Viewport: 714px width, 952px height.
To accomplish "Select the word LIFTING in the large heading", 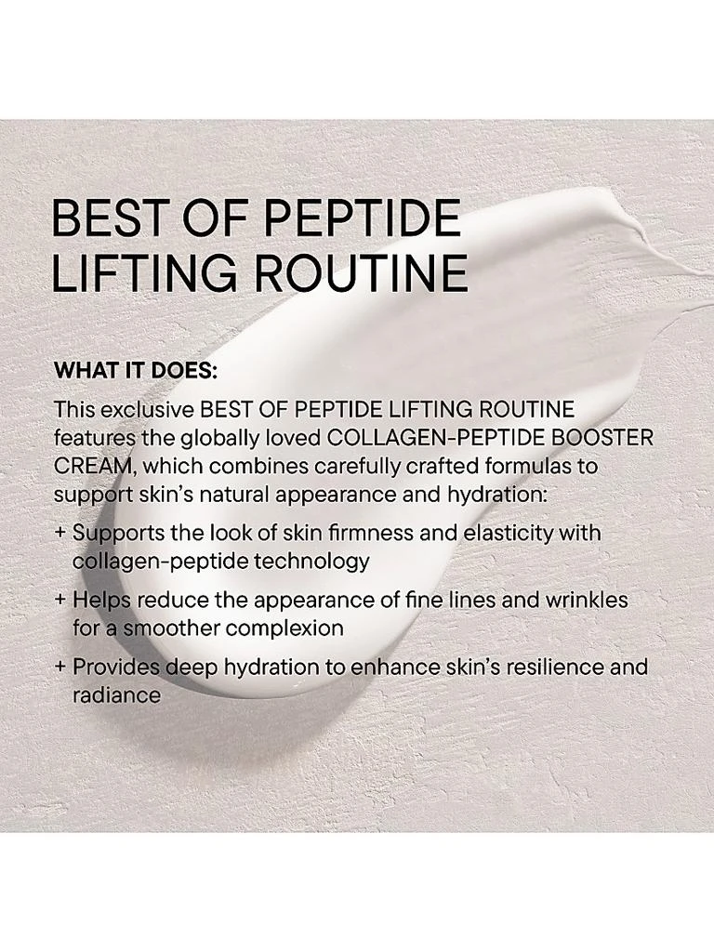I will point(137,272).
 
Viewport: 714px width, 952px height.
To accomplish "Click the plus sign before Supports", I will point(60,534).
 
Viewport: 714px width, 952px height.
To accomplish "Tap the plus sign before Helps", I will point(60,600).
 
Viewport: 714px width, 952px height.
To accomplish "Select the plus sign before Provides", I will point(60,667).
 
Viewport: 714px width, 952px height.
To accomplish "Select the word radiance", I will point(116,694).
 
